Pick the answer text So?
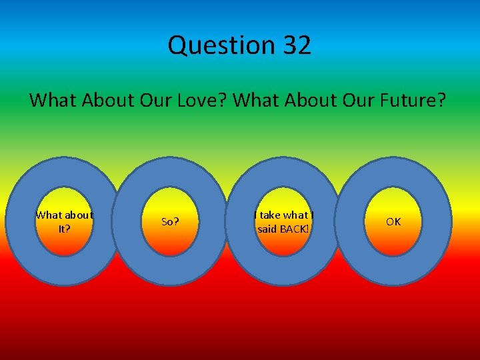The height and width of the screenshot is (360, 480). pos(171,221)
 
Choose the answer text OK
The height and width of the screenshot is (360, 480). pos(393,221)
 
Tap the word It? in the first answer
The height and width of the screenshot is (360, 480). pos(64,228)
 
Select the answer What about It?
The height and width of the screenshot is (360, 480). pos(64,221)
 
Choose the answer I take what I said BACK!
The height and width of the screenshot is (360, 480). pos(284,221)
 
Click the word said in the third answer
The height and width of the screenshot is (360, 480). pos(267,228)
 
